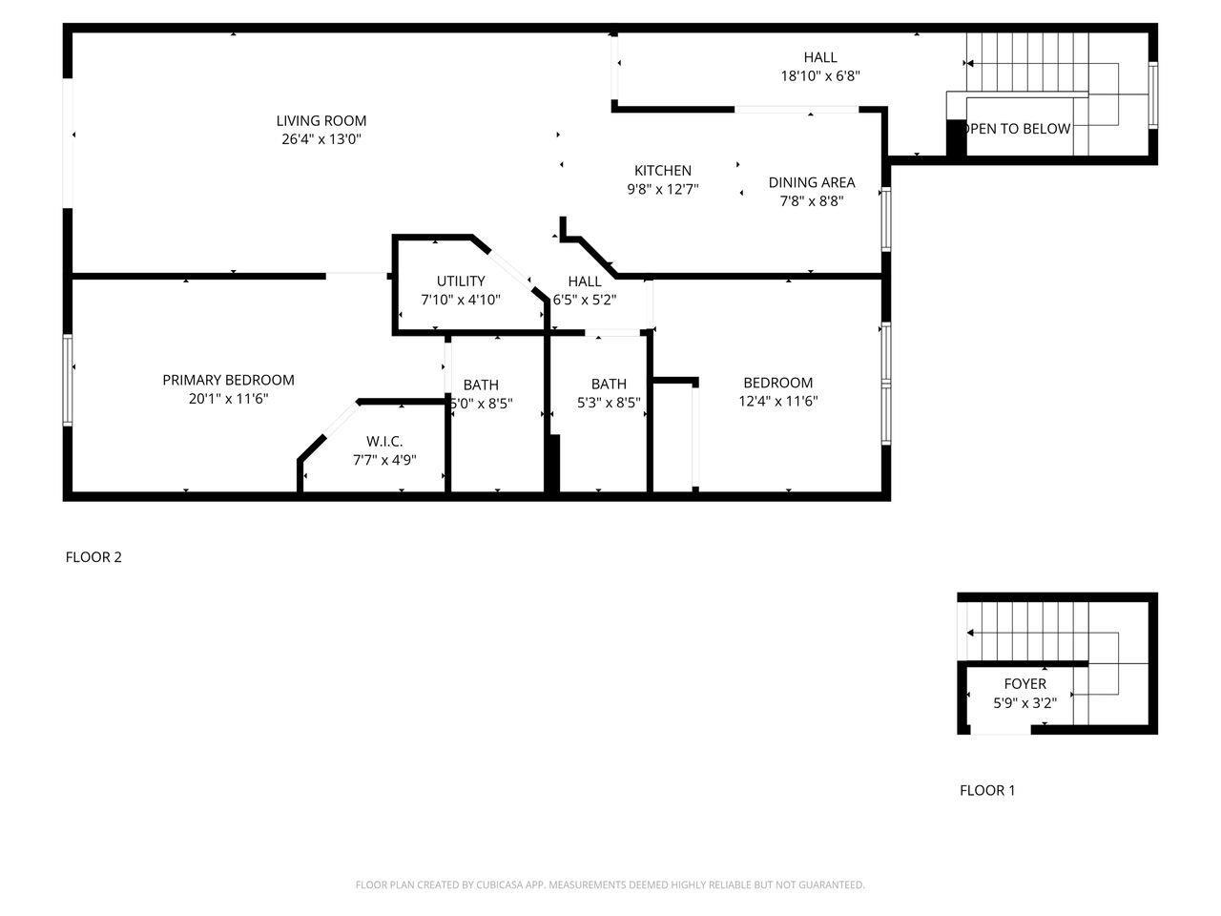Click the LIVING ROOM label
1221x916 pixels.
(x=321, y=120)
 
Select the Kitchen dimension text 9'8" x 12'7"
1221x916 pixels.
(x=663, y=189)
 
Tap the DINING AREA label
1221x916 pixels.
(x=812, y=182)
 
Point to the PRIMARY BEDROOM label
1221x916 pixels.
(x=228, y=380)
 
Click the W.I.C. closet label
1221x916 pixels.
(x=384, y=441)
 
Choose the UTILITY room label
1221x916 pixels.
(x=461, y=281)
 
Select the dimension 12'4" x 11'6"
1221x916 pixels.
(x=777, y=401)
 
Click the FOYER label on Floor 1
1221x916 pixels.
(x=1024, y=683)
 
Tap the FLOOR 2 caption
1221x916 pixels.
(x=93, y=556)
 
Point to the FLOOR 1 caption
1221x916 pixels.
(x=987, y=790)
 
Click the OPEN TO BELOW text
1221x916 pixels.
(x=1019, y=129)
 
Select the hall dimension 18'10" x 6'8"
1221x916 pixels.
(x=820, y=75)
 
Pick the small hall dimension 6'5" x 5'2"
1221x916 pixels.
(x=585, y=300)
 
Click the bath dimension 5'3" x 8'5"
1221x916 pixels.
(x=609, y=402)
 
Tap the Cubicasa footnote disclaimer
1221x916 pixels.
(x=610, y=885)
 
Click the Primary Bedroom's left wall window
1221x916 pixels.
(x=68, y=380)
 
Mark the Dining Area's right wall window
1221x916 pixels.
(x=886, y=219)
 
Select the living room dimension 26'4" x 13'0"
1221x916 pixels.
(x=321, y=139)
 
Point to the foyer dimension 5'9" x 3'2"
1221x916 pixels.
(x=1024, y=703)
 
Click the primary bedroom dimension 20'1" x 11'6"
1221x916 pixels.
(x=228, y=399)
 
